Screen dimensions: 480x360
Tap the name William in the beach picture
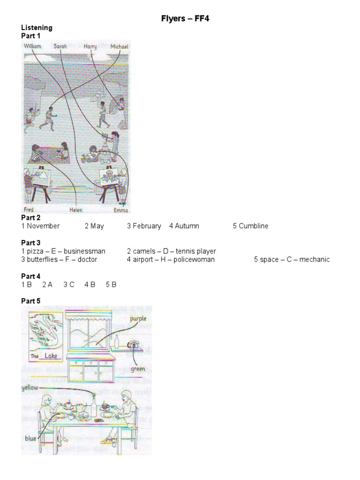(x=33, y=46)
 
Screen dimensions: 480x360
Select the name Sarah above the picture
(x=60, y=46)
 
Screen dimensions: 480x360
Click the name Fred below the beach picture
(x=30, y=209)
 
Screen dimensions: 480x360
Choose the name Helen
(x=76, y=210)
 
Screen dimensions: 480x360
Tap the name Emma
(x=120, y=210)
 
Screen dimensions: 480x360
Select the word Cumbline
(x=254, y=226)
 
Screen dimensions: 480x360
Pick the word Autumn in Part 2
(x=187, y=226)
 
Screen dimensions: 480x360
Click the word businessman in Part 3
(x=86, y=251)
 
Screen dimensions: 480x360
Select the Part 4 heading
(x=31, y=276)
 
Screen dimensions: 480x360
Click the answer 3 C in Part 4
(x=69, y=285)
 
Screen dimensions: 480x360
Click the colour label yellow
(x=30, y=388)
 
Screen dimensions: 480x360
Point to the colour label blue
(x=30, y=438)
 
